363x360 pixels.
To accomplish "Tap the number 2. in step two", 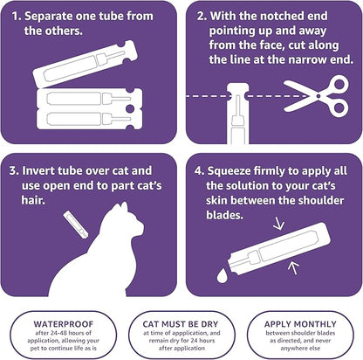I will (x=202, y=14).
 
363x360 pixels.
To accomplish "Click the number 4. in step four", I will (x=202, y=163).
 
